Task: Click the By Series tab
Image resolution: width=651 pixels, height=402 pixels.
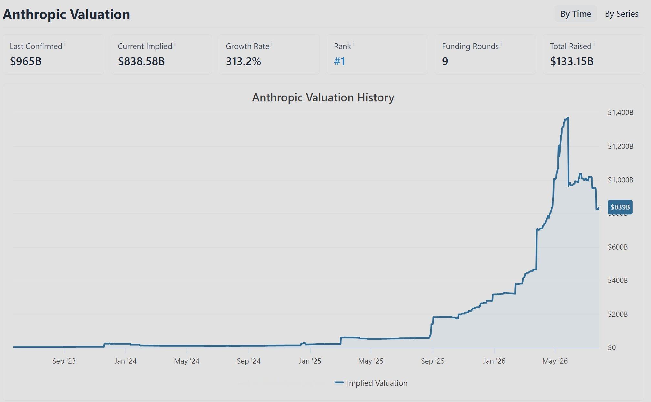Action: [621, 14]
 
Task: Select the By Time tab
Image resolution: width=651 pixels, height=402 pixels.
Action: [575, 14]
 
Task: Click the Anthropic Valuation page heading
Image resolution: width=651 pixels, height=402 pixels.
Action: [66, 14]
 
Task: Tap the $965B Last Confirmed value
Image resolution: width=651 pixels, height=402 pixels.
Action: [25, 61]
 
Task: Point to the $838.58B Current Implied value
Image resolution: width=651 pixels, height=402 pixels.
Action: [141, 61]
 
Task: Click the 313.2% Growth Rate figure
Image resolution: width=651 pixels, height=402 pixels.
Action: [243, 61]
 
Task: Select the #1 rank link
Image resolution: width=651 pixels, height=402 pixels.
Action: [340, 61]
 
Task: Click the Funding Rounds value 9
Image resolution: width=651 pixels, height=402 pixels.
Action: [445, 61]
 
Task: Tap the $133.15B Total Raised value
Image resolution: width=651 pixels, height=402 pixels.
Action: [572, 61]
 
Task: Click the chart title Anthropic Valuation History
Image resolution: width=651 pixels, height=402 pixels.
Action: [323, 98]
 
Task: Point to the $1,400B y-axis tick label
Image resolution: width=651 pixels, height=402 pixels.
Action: [620, 112]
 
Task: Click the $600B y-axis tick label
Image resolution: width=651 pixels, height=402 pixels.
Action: [618, 247]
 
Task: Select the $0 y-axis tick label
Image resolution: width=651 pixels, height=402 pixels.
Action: [612, 347]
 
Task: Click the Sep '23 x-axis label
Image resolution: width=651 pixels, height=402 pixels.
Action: [64, 361]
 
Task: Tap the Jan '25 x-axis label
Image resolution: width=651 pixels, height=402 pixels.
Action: [310, 361]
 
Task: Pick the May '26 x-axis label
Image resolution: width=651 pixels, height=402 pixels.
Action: [555, 361]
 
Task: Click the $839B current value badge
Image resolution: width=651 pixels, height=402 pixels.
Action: [620, 207]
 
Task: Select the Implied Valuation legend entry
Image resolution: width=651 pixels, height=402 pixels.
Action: [371, 383]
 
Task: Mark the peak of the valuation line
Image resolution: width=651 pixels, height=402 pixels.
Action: [568, 118]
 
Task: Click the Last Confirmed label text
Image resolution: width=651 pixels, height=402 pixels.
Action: [36, 46]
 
